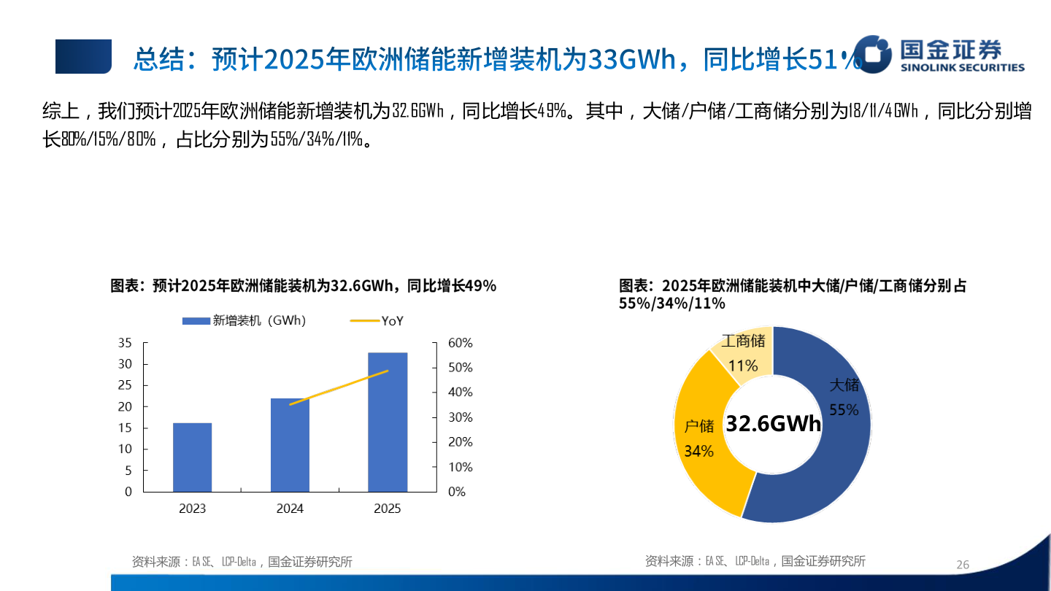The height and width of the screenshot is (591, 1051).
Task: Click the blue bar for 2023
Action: tap(192, 457)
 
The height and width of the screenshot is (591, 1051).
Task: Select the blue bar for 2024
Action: tap(290, 445)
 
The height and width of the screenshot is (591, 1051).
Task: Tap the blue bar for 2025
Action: tap(388, 422)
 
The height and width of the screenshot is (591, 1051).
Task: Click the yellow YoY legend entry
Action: tap(377, 320)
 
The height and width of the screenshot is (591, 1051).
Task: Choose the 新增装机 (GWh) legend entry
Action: tap(244, 320)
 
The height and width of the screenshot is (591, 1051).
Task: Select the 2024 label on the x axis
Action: tap(290, 509)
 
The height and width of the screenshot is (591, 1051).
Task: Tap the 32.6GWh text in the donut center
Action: tap(773, 424)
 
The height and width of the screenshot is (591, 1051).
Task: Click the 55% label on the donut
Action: tap(844, 410)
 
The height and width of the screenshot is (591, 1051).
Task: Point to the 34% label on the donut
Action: tap(698, 452)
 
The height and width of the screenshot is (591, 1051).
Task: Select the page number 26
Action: tap(963, 565)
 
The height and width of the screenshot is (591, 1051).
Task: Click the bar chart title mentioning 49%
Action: tap(303, 286)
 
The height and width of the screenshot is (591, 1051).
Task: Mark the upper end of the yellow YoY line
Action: tap(388, 371)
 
